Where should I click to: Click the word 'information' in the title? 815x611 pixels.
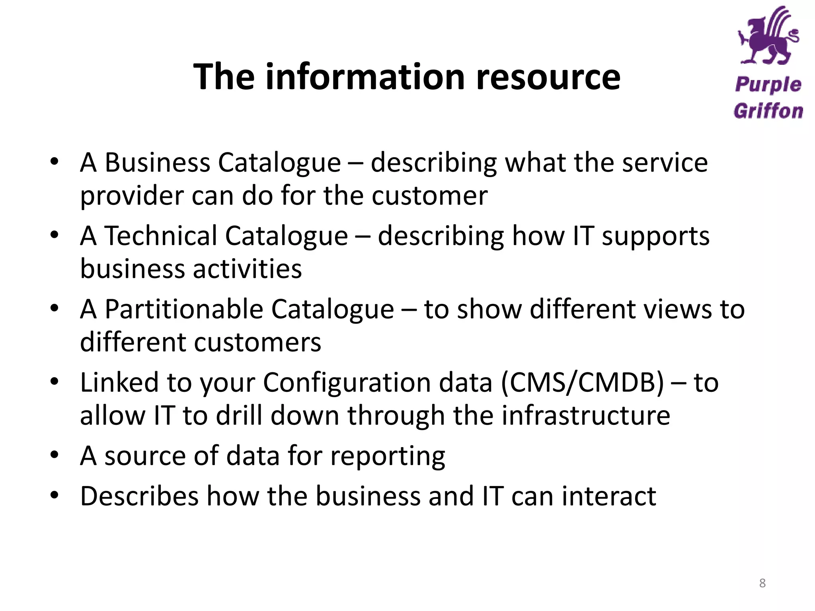[x=365, y=76]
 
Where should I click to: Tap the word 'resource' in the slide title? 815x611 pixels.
[x=548, y=76]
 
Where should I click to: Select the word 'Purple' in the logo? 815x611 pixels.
[x=768, y=85]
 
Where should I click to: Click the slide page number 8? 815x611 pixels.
[x=762, y=583]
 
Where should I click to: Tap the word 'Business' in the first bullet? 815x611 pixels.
[x=157, y=163]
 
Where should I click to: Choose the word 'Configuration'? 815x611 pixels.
[x=378, y=383]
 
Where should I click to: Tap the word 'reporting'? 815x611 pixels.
[x=388, y=456]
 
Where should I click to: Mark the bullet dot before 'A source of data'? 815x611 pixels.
[x=55, y=454]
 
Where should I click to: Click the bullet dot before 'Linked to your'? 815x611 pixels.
[x=55, y=381]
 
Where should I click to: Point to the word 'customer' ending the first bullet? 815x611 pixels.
[x=429, y=196]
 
